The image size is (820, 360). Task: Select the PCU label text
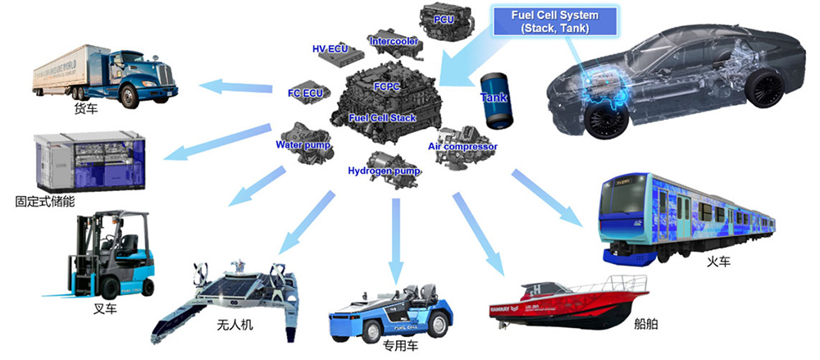444,20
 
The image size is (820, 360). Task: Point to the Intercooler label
394,41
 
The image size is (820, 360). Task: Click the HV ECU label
330,49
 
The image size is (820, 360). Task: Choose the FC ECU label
305,93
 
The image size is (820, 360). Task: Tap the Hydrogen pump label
384,171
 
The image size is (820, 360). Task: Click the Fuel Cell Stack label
381,118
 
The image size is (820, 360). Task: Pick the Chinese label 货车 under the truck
86,108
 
